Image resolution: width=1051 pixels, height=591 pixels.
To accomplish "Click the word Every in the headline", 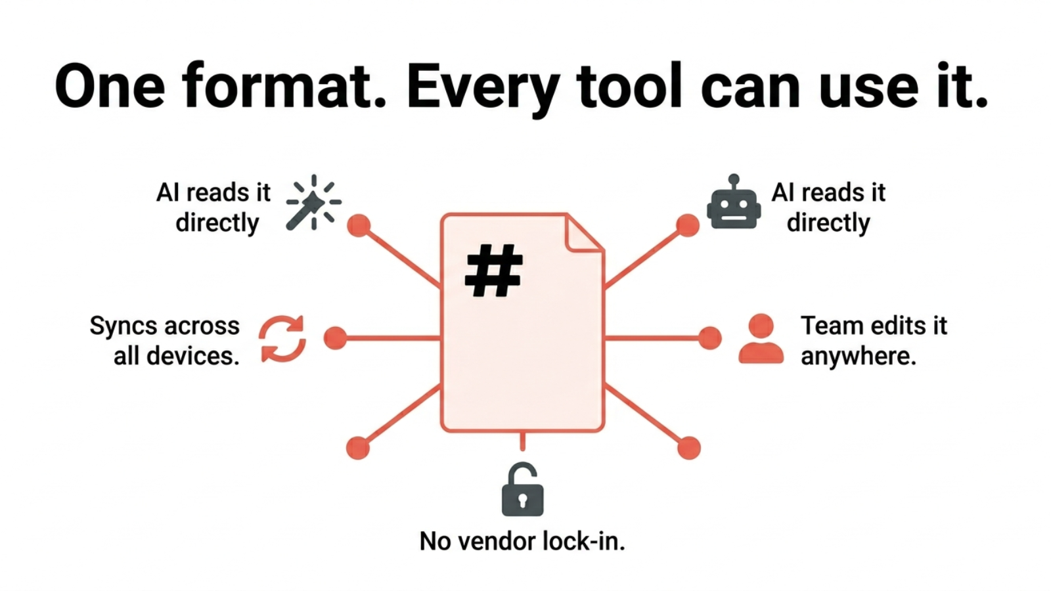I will pyautogui.click(x=483, y=87).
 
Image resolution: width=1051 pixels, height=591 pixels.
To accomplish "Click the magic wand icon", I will pyautogui.click(x=313, y=203).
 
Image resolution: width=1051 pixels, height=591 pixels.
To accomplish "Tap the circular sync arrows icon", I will pyautogui.click(x=282, y=339).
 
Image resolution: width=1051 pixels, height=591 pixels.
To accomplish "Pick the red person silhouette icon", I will pyautogui.click(x=761, y=339).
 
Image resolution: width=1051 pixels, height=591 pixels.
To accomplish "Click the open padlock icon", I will pyautogui.click(x=522, y=491).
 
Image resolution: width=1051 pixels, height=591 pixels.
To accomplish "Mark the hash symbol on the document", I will pyautogui.click(x=493, y=271).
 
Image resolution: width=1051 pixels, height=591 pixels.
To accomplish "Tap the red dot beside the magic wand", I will pyautogui.click(x=359, y=225).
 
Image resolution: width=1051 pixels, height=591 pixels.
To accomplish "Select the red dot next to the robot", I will pyautogui.click(x=688, y=225).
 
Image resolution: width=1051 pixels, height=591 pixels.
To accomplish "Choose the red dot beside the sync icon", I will pyautogui.click(x=336, y=338).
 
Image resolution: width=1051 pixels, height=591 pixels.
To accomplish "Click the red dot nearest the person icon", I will pyautogui.click(x=709, y=338).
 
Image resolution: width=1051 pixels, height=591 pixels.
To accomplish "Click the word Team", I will pyautogui.click(x=830, y=326).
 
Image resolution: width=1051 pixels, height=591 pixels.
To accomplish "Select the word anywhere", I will pyautogui.click(x=858, y=357).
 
